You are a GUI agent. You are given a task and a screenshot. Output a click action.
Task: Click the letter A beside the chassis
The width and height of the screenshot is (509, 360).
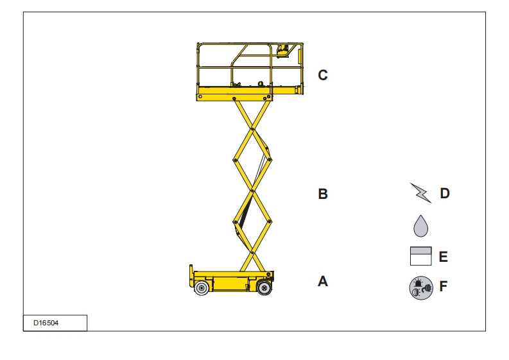click(x=323, y=281)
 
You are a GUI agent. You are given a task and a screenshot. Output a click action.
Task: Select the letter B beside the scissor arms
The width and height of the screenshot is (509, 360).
click(x=323, y=194)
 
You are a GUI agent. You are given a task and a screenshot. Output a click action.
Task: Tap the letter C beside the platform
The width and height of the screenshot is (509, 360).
click(x=323, y=75)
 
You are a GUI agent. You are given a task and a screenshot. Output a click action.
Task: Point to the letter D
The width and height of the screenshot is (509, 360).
click(x=445, y=193)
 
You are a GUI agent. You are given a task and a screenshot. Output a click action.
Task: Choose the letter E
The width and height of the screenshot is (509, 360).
click(x=443, y=257)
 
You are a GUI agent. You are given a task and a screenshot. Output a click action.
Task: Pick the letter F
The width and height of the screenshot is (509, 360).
click(x=443, y=286)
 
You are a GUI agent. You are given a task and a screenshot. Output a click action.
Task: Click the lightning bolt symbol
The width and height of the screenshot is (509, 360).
click(x=420, y=193)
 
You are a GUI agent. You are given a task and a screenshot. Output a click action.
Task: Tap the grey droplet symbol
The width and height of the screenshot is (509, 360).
click(x=420, y=226)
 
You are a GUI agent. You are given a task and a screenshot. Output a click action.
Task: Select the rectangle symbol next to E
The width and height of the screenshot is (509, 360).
click(x=420, y=256)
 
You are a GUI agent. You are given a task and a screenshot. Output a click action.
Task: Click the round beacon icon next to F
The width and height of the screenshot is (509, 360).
click(x=421, y=288)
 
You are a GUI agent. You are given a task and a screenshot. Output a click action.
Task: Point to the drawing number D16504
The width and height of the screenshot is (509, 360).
click(x=46, y=323)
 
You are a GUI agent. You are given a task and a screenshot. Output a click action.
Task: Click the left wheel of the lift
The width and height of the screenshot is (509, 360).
click(x=202, y=288)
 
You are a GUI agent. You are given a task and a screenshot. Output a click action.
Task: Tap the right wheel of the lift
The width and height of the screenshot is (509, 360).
click(x=264, y=287)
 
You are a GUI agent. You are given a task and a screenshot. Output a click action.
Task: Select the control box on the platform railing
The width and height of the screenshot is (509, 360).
click(x=282, y=51)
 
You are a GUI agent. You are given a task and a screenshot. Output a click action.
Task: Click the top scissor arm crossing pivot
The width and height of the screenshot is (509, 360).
click(x=252, y=129)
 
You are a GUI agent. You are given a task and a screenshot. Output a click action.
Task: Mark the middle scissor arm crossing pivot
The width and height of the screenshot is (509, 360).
click(x=252, y=191)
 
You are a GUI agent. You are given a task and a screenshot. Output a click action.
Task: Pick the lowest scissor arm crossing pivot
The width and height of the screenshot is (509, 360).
click(x=252, y=252)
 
